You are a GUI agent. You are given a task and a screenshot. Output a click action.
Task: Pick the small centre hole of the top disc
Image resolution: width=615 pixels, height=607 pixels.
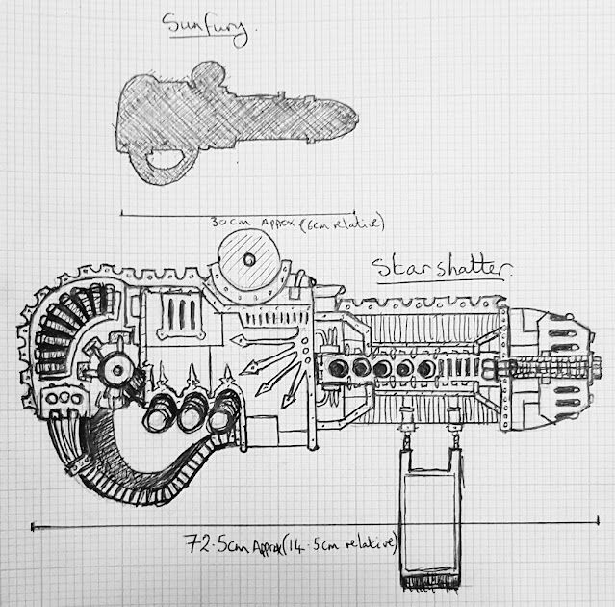point(249,258)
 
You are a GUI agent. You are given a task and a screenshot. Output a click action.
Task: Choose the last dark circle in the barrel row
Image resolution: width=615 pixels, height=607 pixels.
point(424,369)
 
